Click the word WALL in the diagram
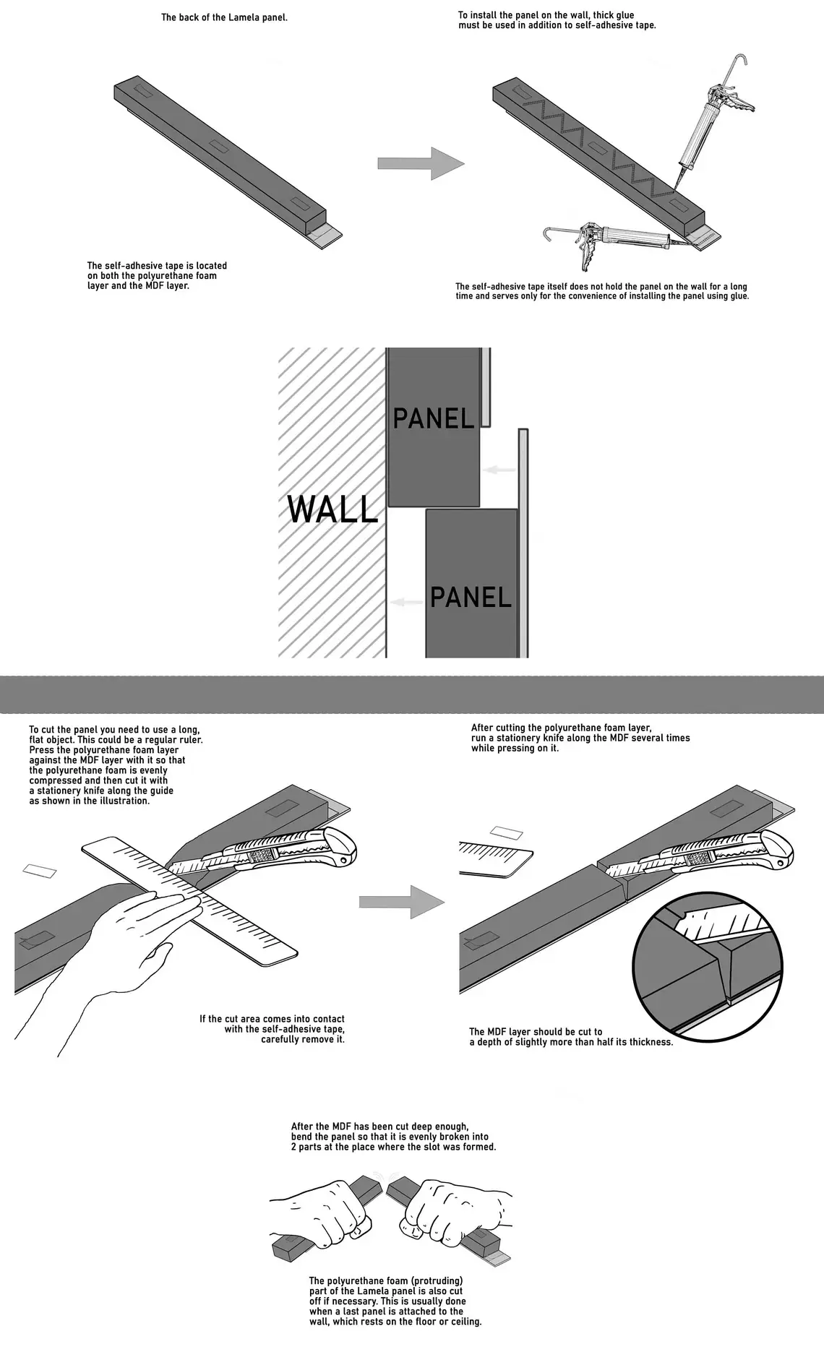[332, 509]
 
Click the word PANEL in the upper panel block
[433, 418]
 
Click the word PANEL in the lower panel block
[471, 597]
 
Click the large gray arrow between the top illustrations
[421, 163]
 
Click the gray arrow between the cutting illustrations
[402, 901]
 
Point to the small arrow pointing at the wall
[406, 602]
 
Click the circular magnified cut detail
[706, 969]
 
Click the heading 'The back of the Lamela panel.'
[224, 17]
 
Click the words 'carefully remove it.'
[302, 1039]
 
